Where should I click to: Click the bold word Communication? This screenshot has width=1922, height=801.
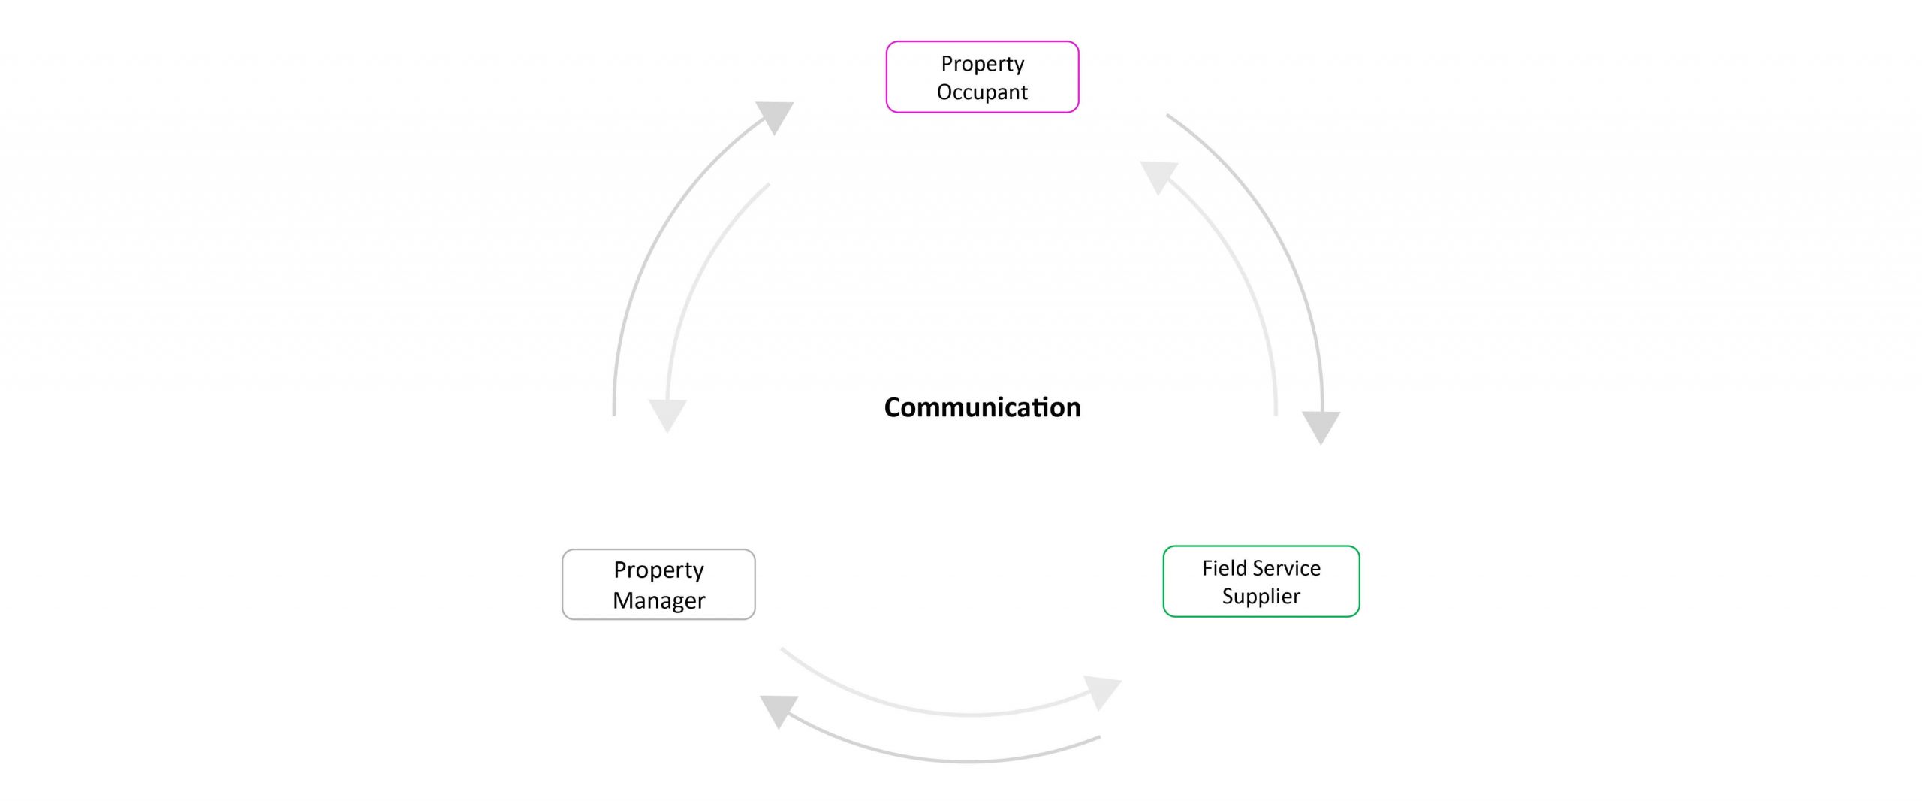pos(982,407)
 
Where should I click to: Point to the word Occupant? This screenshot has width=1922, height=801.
pos(982,92)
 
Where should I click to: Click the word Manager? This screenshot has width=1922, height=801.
pos(658,600)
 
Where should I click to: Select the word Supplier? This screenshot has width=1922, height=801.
pos(1261,597)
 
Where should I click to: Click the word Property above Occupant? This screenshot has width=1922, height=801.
pos(982,65)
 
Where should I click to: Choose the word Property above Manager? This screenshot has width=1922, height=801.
pos(658,570)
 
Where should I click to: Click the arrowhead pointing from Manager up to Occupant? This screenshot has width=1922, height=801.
pos(776,116)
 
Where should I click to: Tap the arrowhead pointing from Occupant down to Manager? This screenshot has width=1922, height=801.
pos(667,415)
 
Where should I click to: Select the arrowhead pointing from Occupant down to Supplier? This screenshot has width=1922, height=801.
pos(1321,427)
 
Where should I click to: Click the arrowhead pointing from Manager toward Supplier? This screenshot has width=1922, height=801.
pos(1103,691)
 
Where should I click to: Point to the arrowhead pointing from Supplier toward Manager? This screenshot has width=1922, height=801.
pos(778,709)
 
